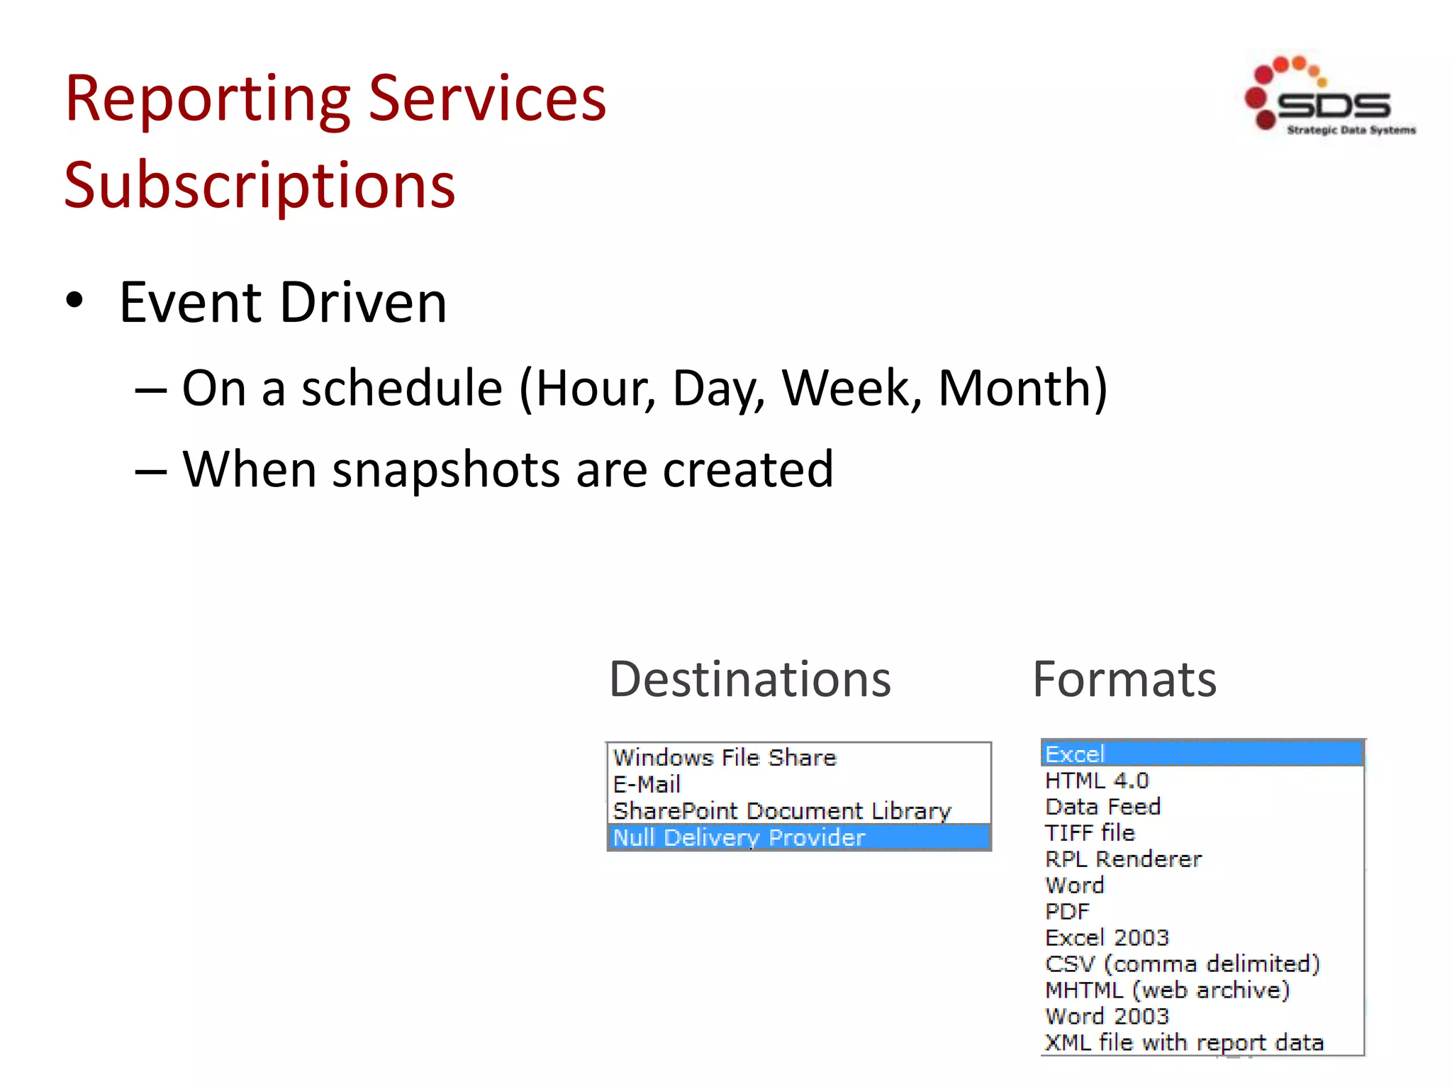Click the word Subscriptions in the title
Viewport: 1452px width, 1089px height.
pyautogui.click(x=259, y=185)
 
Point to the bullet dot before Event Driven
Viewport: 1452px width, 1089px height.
pyautogui.click(x=74, y=301)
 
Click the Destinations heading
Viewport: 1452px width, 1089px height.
pyautogui.click(x=749, y=679)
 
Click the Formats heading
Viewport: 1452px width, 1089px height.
pyautogui.click(x=1124, y=679)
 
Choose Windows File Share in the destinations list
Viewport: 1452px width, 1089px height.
pyautogui.click(x=725, y=757)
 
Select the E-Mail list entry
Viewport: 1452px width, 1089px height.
pyautogui.click(x=647, y=784)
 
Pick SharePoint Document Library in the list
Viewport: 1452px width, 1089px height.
pyautogui.click(x=782, y=810)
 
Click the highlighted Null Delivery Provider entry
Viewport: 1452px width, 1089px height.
pyautogui.click(x=739, y=837)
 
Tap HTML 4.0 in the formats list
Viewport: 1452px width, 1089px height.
pyautogui.click(x=1097, y=781)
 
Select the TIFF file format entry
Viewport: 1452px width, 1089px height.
pyautogui.click(x=1090, y=832)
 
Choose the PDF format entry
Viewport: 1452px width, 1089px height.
pyautogui.click(x=1067, y=911)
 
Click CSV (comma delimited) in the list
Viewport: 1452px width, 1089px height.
pyautogui.click(x=1182, y=964)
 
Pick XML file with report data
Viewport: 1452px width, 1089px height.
pyautogui.click(x=1184, y=1042)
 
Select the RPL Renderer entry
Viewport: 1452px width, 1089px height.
pyautogui.click(x=1123, y=859)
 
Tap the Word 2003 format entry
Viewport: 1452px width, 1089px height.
pyautogui.click(x=1107, y=1016)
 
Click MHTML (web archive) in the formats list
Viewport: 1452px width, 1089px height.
pyautogui.click(x=1167, y=990)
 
